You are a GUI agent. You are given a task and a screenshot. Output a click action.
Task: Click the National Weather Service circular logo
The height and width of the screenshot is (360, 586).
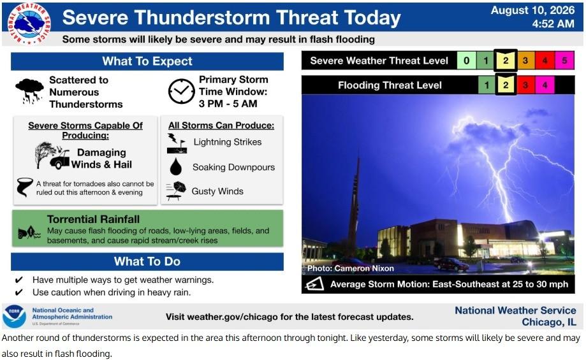[29, 24]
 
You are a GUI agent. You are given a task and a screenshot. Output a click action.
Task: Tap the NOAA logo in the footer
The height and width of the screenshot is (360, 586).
[14, 316]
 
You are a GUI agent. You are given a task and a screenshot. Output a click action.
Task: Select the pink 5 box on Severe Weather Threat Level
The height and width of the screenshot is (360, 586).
[564, 61]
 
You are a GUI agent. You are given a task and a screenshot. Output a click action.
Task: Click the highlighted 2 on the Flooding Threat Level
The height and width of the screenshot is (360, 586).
[506, 85]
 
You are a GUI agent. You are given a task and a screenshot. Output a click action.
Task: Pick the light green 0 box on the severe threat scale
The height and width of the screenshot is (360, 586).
[466, 61]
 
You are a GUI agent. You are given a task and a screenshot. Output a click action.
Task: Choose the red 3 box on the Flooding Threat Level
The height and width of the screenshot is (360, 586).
[525, 85]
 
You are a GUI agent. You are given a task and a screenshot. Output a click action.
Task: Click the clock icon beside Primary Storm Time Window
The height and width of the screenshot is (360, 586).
[181, 91]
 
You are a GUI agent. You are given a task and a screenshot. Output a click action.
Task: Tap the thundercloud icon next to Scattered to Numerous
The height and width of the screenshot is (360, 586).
[29, 90]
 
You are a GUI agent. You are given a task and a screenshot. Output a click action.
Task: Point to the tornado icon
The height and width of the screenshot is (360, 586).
[24, 187]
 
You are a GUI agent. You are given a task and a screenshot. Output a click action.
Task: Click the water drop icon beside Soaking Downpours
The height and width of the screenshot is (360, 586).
[175, 166]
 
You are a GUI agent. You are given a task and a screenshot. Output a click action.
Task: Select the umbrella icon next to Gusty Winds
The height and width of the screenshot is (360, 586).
[176, 191]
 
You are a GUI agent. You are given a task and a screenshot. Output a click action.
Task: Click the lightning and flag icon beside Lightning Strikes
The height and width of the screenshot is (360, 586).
[177, 143]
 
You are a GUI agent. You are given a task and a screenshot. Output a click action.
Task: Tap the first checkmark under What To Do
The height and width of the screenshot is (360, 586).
[18, 280]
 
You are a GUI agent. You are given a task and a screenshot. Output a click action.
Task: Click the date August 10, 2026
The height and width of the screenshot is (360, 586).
[532, 10]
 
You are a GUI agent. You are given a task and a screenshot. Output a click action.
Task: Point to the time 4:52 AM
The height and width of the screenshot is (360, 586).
[553, 24]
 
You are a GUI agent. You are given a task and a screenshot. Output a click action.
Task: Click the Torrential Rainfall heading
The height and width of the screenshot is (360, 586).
[94, 219]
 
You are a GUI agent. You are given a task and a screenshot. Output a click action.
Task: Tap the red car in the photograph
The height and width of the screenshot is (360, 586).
[451, 264]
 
